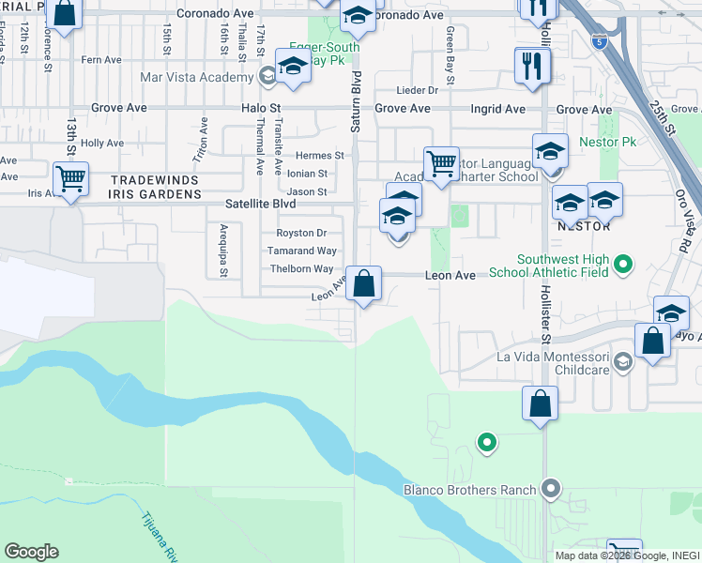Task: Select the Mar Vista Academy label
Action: pos(196,78)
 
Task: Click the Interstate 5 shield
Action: pos(600,42)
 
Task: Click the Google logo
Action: pos(31,552)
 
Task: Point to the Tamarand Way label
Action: pos(302,251)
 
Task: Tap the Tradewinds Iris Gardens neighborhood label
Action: pos(156,186)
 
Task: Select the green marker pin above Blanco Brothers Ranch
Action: pos(486,440)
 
